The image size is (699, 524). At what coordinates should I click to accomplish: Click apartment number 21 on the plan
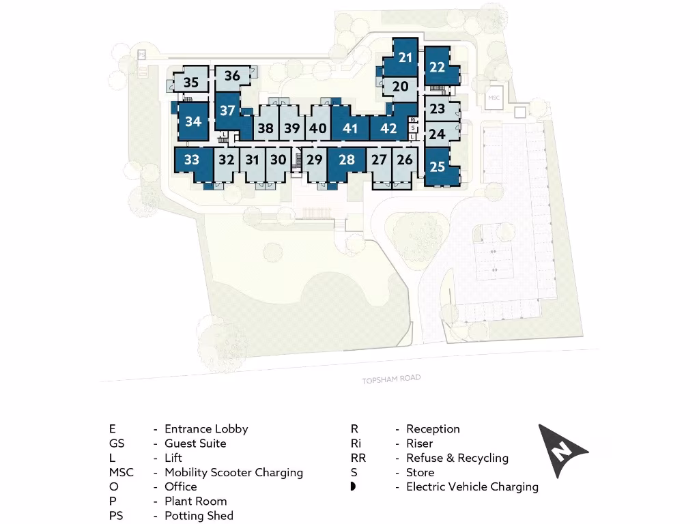click(x=405, y=57)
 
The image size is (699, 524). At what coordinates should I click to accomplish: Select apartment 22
click(x=438, y=67)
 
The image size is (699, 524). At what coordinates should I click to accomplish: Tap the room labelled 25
click(x=438, y=166)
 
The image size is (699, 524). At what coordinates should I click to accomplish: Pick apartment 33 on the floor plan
click(x=192, y=160)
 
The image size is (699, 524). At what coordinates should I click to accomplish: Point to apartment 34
click(x=193, y=121)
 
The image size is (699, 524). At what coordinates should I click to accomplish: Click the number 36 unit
click(x=232, y=76)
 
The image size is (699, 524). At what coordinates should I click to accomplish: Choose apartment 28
click(x=347, y=160)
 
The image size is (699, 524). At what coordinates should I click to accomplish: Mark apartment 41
click(x=350, y=128)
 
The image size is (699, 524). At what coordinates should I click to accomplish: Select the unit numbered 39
click(x=291, y=128)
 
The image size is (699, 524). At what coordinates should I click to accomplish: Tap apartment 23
click(x=438, y=109)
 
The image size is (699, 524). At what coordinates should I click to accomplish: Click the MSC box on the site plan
click(x=494, y=98)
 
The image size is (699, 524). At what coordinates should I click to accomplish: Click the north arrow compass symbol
click(x=561, y=450)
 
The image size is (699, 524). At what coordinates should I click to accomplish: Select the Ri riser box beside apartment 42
click(x=413, y=120)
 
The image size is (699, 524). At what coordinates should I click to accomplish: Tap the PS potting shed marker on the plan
click(x=141, y=54)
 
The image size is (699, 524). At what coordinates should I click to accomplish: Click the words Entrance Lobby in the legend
click(x=206, y=429)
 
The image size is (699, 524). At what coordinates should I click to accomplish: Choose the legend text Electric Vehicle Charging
click(x=472, y=487)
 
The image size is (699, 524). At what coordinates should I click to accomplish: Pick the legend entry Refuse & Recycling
click(x=457, y=458)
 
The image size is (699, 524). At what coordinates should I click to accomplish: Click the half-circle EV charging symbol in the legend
click(x=354, y=486)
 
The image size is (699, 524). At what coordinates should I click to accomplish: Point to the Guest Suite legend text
click(x=195, y=443)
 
